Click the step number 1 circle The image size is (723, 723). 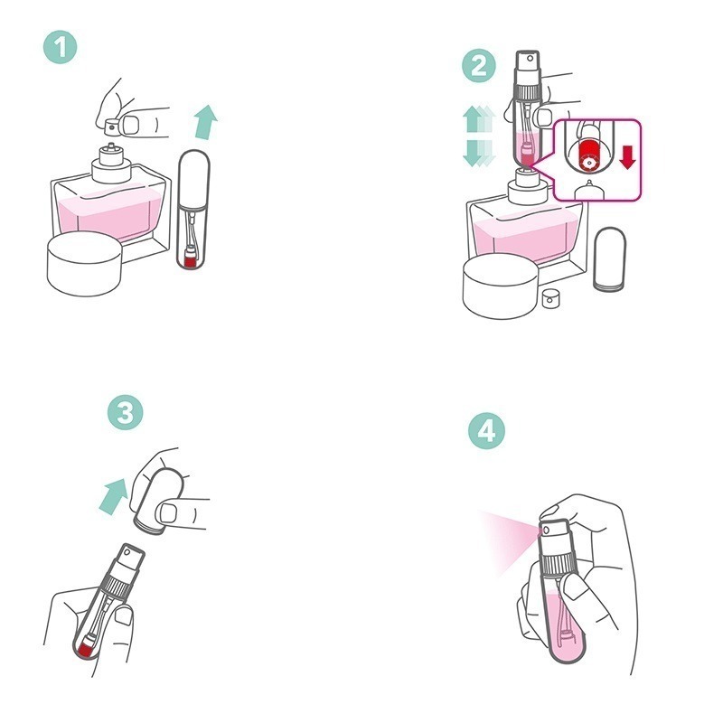click(x=61, y=47)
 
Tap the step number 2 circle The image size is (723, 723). click(x=479, y=65)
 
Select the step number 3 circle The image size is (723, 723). click(x=126, y=412)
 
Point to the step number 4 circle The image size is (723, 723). click(x=486, y=431)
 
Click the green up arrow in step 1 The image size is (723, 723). click(x=205, y=122)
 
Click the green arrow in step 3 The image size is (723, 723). click(x=114, y=495)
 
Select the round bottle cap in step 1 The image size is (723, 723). click(x=84, y=263)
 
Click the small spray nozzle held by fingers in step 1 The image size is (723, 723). click(x=112, y=127)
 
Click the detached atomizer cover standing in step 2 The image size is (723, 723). click(x=609, y=258)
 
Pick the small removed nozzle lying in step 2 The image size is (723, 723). click(x=550, y=298)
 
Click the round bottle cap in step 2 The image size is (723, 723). click(x=501, y=286)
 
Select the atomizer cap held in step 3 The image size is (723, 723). click(x=157, y=501)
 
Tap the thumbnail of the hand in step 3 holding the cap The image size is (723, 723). click(x=168, y=512)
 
